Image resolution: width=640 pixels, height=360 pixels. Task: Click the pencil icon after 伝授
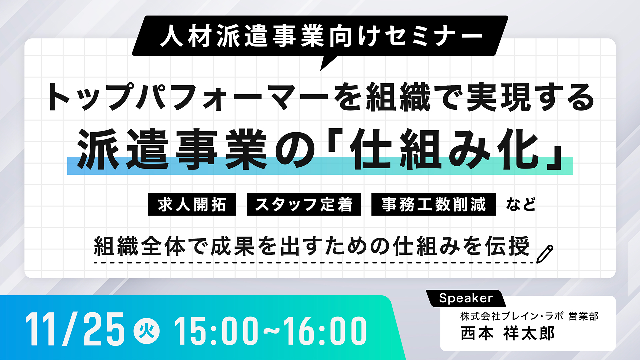tap(545, 254)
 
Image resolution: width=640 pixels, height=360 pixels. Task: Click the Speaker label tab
tap(466, 298)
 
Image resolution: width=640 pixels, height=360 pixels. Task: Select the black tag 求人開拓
tap(192, 204)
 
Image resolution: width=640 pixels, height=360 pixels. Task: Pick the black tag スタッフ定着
tap(304, 204)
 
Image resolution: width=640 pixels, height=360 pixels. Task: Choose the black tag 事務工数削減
tap(433, 204)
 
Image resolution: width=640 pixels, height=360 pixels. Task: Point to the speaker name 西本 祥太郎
tap(507, 334)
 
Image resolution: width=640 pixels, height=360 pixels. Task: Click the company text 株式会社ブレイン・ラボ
tap(512, 316)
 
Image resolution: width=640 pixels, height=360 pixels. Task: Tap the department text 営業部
tap(584, 316)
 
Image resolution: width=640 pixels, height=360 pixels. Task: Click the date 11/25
tap(75, 330)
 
